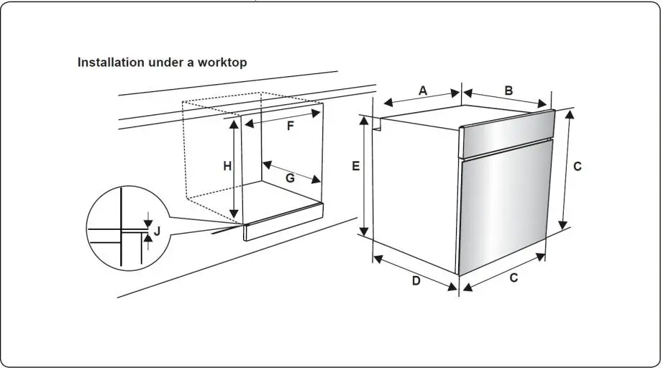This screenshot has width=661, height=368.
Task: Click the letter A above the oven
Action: tap(423, 91)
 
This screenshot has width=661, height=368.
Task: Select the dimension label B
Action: tap(509, 91)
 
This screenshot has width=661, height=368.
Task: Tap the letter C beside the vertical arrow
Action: tap(578, 166)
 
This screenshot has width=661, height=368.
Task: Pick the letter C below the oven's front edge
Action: tap(514, 278)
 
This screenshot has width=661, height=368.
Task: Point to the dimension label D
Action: tap(416, 281)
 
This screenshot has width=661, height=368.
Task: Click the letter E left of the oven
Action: tap(355, 166)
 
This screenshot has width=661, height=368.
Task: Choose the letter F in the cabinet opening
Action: tap(291, 126)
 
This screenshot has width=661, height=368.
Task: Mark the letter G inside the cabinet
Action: tap(290, 178)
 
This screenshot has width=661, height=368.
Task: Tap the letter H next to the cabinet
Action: tap(227, 166)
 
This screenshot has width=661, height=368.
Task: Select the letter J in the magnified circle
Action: tap(158, 231)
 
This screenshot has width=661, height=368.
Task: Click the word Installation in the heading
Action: tap(111, 63)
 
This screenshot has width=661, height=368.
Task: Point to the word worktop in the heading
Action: tap(224, 63)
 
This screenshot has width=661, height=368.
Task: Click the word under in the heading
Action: tap(165, 63)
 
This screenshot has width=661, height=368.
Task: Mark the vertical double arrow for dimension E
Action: tap(365, 176)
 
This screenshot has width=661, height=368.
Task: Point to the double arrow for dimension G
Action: tap(291, 171)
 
